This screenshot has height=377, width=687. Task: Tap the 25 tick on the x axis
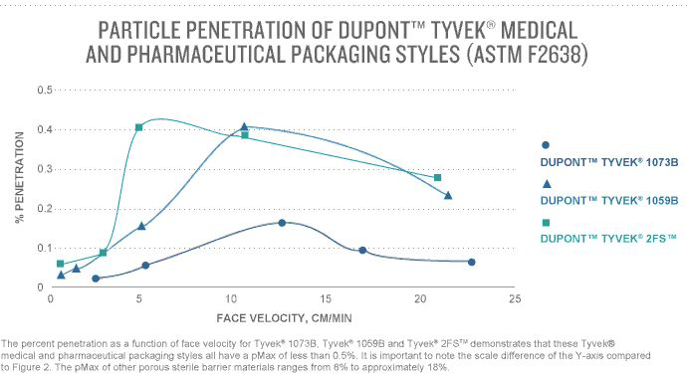[513, 297]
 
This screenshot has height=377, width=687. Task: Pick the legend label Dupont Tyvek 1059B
[594, 200]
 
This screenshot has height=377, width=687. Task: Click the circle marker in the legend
[545, 144]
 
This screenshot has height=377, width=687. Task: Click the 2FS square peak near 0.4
[138, 127]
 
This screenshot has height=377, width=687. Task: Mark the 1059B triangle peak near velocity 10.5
[244, 127]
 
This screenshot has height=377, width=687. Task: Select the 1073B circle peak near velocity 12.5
[282, 223]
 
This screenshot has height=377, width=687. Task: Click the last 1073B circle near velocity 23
[471, 262]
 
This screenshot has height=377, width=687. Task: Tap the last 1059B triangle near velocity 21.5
[448, 195]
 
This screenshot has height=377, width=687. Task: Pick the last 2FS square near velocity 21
[437, 177]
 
